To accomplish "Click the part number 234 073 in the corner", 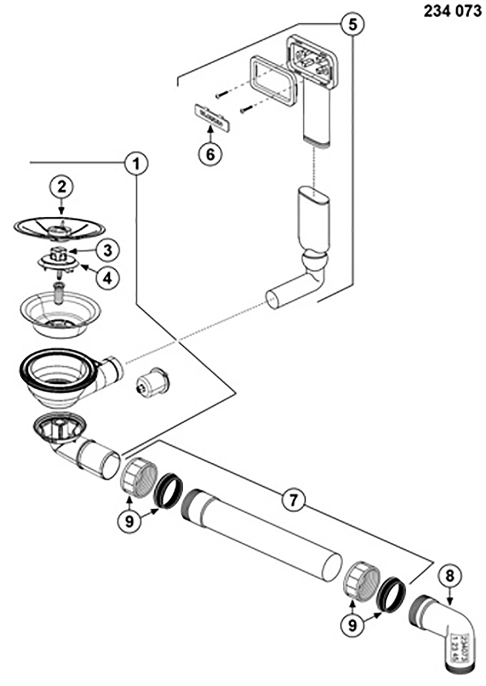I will (x=452, y=11).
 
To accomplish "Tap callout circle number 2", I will (x=61, y=187).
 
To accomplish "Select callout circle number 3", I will (x=107, y=250).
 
